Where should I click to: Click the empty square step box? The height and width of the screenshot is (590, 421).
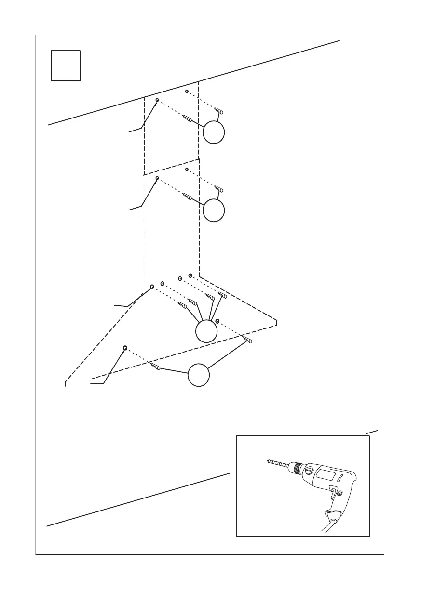click(66, 66)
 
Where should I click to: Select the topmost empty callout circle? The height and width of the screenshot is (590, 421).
click(214, 132)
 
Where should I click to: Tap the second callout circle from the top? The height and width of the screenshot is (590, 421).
click(214, 210)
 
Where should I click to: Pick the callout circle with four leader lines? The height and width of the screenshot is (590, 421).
click(207, 331)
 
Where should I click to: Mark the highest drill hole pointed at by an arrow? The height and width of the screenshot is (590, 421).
click(157, 100)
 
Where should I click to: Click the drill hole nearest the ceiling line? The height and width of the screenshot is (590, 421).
click(187, 91)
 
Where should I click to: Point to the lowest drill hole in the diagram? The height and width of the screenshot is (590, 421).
click(125, 347)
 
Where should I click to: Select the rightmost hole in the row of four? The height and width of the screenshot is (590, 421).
click(190, 275)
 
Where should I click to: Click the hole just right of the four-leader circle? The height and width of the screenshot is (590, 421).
click(217, 320)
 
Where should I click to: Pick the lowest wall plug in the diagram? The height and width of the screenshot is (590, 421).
click(156, 367)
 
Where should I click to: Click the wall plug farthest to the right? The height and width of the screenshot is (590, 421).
click(248, 340)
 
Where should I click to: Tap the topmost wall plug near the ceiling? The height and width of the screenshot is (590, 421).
click(220, 111)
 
